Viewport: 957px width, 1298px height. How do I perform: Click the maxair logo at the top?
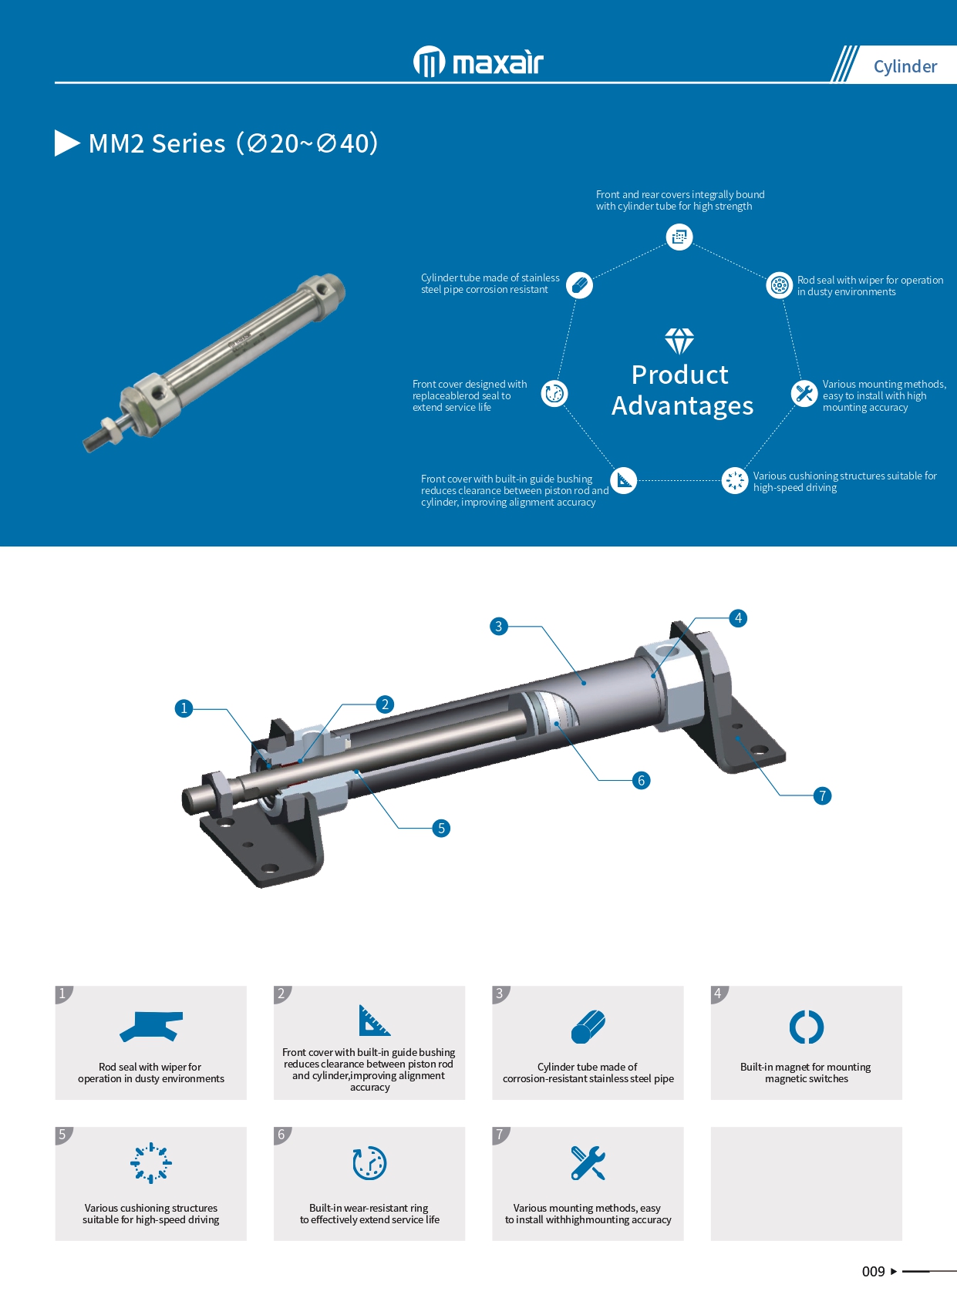click(478, 62)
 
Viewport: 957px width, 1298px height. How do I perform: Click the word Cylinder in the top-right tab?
click(905, 66)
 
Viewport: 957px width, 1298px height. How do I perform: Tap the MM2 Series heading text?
click(233, 143)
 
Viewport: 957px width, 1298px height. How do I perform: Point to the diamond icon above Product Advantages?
click(679, 341)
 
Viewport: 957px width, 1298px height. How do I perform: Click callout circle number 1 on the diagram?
click(184, 708)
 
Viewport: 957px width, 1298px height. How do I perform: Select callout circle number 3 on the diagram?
click(498, 627)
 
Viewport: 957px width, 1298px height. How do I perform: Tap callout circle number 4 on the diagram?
click(738, 618)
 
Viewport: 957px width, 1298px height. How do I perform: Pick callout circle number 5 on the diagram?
click(441, 828)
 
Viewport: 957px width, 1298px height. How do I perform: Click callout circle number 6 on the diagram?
click(641, 781)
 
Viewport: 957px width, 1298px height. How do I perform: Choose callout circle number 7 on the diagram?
click(822, 795)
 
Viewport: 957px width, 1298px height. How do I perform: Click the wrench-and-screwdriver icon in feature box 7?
click(588, 1162)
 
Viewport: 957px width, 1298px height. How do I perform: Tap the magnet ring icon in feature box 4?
click(807, 1027)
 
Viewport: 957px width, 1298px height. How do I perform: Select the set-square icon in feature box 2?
click(374, 1021)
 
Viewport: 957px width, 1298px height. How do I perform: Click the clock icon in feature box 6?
click(369, 1162)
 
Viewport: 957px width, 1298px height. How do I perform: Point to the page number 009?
click(873, 1271)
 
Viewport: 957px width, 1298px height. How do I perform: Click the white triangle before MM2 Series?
click(66, 143)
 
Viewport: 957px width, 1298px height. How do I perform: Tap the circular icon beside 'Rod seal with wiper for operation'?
click(779, 285)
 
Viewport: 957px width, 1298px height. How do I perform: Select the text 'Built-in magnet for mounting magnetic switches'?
click(806, 1073)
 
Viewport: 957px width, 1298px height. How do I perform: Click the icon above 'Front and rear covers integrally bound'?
click(679, 237)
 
